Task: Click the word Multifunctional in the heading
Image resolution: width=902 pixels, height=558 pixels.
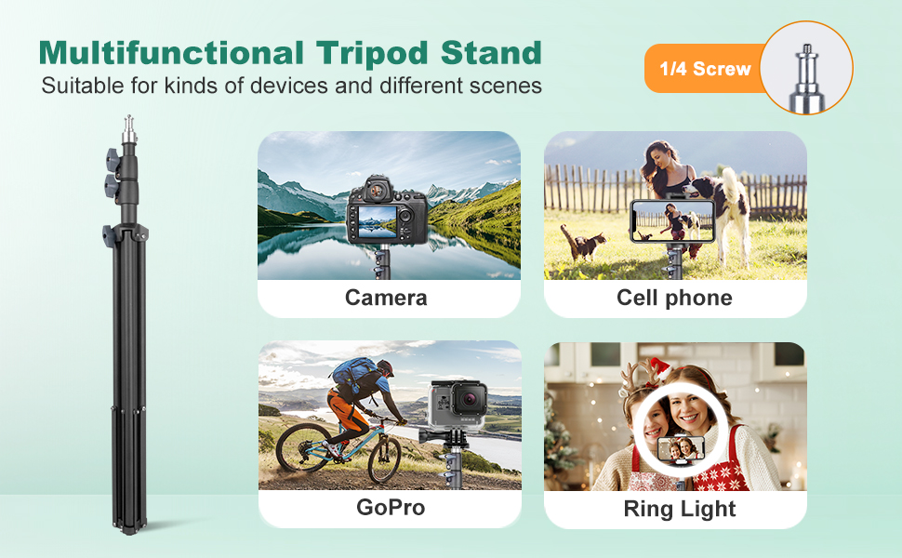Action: click(171, 53)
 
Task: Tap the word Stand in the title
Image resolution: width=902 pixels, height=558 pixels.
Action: click(491, 53)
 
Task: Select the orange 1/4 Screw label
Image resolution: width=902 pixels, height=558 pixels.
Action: click(705, 69)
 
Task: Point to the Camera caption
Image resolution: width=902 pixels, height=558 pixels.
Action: click(386, 298)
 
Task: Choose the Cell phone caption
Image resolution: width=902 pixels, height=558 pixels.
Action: click(675, 298)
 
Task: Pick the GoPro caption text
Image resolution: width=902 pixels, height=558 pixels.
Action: click(391, 508)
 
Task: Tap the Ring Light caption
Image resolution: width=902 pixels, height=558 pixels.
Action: click(680, 509)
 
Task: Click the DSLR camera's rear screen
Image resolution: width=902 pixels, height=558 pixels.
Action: click(378, 222)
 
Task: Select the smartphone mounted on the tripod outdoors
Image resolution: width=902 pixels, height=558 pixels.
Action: click(672, 221)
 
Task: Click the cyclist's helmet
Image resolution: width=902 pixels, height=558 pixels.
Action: click(386, 366)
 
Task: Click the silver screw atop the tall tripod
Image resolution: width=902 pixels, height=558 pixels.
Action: click(129, 129)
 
